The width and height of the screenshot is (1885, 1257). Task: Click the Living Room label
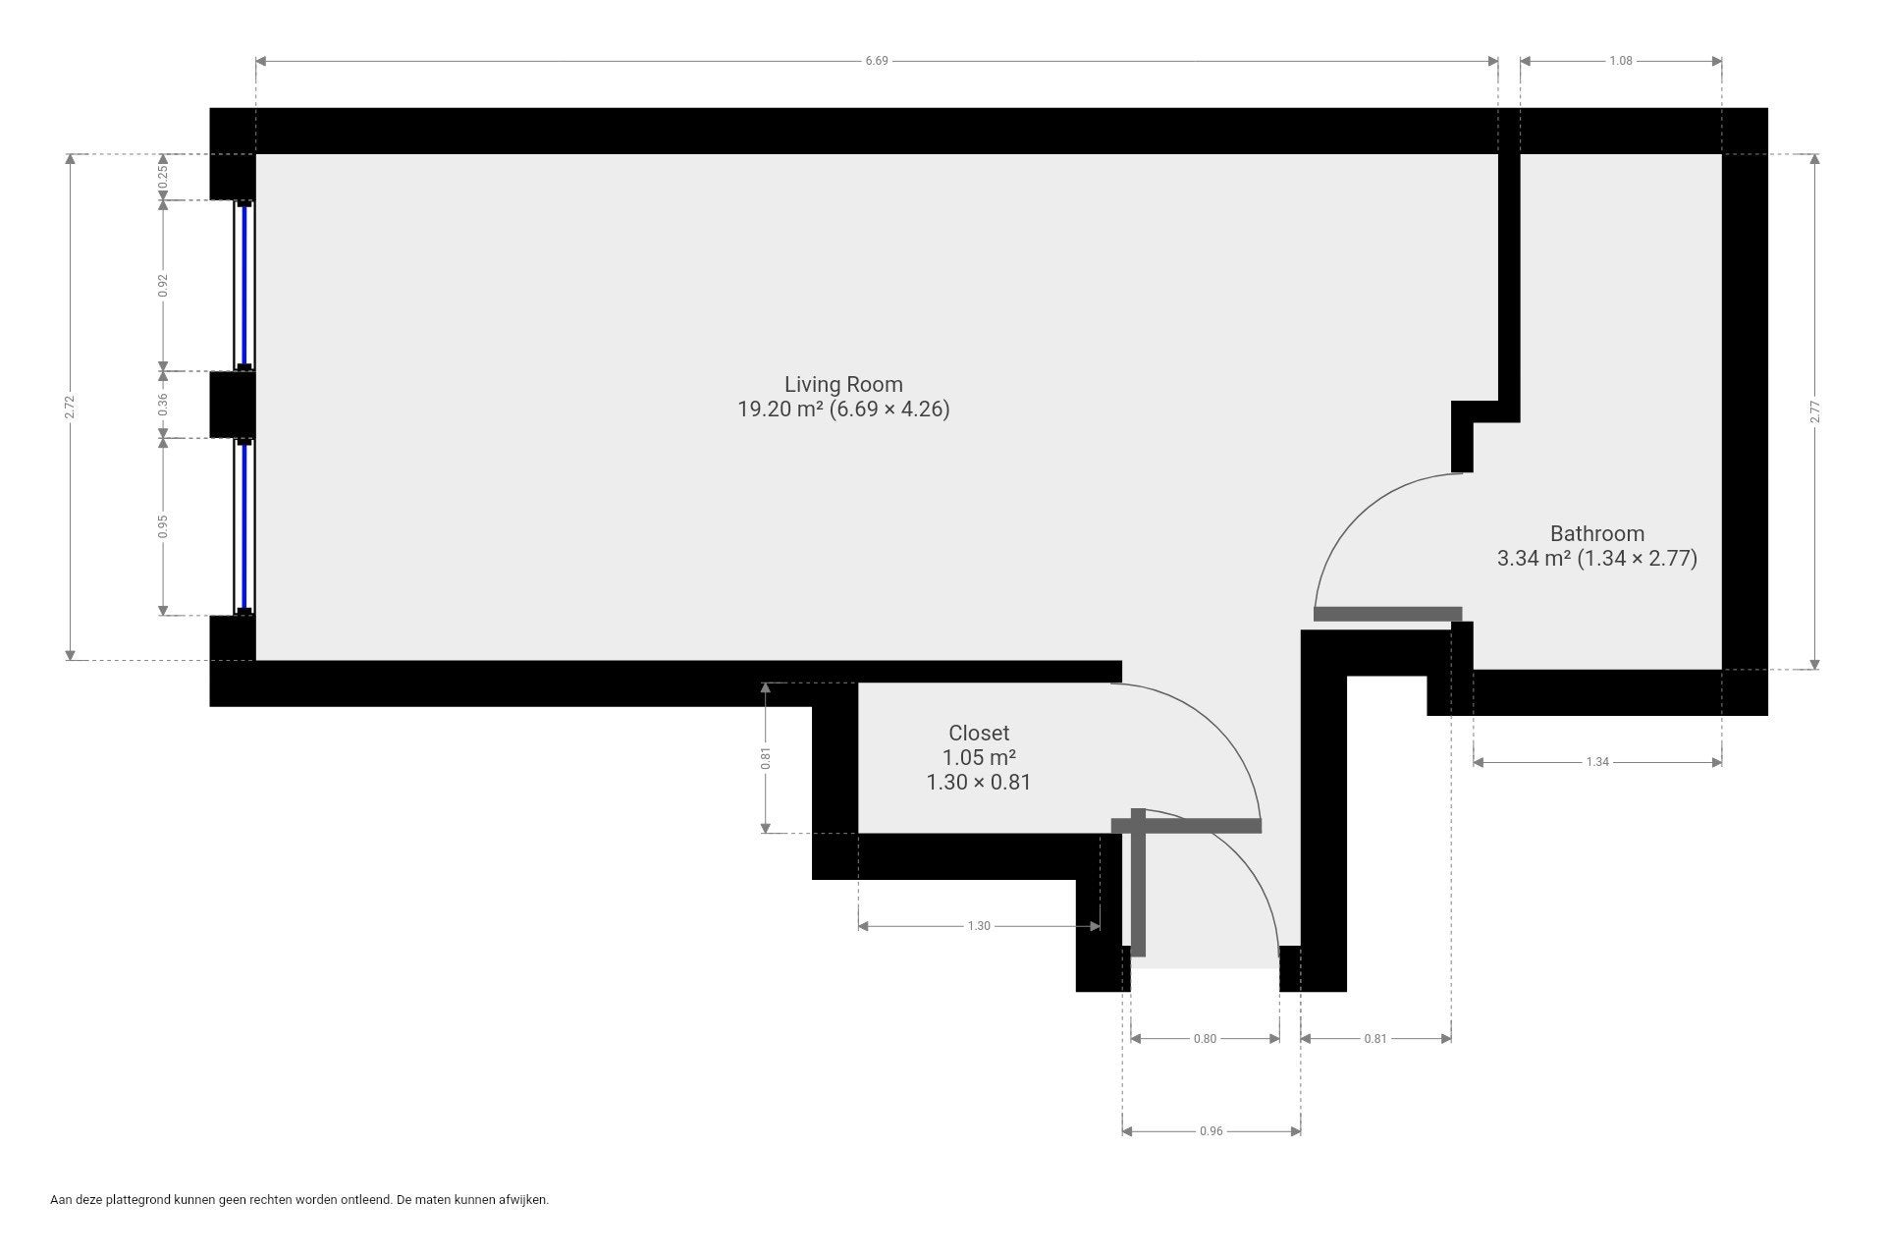pyautogui.click(x=843, y=384)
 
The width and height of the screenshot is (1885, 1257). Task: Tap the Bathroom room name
pyautogui.click(x=1596, y=533)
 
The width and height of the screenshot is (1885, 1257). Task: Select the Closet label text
pyautogui.click(x=979, y=733)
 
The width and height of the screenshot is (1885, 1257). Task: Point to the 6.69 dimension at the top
pyautogui.click(x=877, y=61)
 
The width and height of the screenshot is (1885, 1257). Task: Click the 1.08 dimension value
pyautogui.click(x=1621, y=61)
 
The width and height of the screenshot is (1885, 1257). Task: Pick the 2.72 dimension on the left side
pyautogui.click(x=69, y=407)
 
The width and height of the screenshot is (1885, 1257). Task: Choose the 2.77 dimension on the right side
pyautogui.click(x=1815, y=411)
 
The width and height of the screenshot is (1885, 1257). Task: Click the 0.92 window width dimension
pyautogui.click(x=164, y=285)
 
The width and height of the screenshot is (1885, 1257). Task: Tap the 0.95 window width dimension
pyautogui.click(x=164, y=526)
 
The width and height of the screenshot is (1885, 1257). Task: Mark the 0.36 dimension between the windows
pyautogui.click(x=164, y=404)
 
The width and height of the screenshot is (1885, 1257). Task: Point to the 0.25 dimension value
pyautogui.click(x=164, y=177)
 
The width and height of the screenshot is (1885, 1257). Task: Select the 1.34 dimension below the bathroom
pyautogui.click(x=1597, y=761)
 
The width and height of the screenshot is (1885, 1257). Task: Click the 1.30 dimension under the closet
pyautogui.click(x=979, y=925)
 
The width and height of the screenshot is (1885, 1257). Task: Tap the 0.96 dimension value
pyautogui.click(x=1212, y=1131)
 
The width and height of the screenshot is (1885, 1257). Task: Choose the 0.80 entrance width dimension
pyautogui.click(x=1205, y=1038)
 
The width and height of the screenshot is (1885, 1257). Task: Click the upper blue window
pyautogui.click(x=243, y=285)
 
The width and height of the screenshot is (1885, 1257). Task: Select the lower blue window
pyautogui.click(x=243, y=526)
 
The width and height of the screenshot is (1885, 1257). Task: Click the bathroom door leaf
pyautogui.click(x=1387, y=614)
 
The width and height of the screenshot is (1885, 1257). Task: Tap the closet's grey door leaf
pyautogui.click(x=1186, y=826)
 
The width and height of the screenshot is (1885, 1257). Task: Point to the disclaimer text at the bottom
pyautogui.click(x=299, y=1200)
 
